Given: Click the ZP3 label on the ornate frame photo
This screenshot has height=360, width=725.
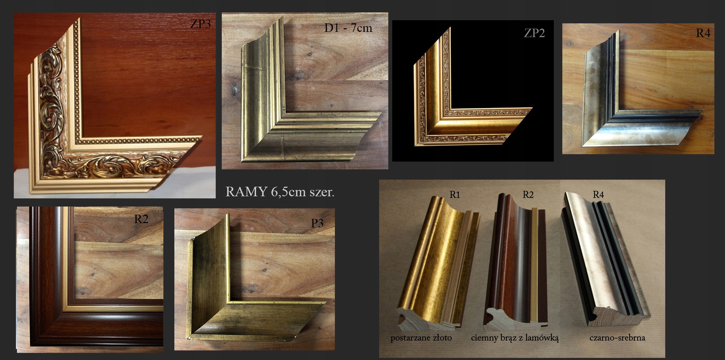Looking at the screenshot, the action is [201, 24].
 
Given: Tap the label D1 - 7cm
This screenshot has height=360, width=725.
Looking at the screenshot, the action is [348, 28].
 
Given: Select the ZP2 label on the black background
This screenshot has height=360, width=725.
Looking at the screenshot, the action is [534, 33].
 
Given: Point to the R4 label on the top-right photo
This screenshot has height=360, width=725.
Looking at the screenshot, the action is [703, 33].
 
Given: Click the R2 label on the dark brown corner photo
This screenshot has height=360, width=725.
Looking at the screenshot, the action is [141, 219].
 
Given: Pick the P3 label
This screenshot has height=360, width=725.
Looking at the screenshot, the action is [317, 223].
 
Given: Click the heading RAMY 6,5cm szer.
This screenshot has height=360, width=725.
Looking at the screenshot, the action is [280, 192].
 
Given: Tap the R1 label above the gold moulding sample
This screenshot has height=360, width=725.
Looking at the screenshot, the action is [455, 194].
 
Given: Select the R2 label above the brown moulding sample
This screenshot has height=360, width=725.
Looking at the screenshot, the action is [528, 194].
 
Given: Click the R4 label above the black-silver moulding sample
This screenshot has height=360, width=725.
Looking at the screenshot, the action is [598, 194].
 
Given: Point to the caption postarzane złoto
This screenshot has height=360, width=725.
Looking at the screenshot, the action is [421, 338].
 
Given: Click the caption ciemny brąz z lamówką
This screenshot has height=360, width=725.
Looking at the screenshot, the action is [515, 338].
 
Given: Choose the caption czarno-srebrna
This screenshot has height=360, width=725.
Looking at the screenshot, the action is [617, 338].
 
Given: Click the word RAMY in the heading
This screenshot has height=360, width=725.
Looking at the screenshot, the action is [246, 192].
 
